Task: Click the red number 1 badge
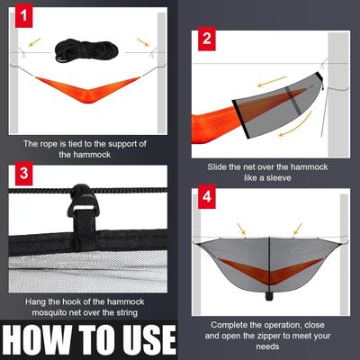(23, 16)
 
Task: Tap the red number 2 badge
(207, 39)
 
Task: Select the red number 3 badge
(24, 174)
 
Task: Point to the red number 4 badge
(207, 197)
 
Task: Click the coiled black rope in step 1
(86, 50)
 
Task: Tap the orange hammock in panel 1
(88, 89)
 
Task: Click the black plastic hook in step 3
(83, 200)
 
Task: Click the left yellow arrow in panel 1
(35, 42)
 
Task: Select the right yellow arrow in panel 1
(143, 42)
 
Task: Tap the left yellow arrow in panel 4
(241, 229)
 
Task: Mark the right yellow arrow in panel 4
(298, 229)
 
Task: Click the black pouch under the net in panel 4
(269, 296)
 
